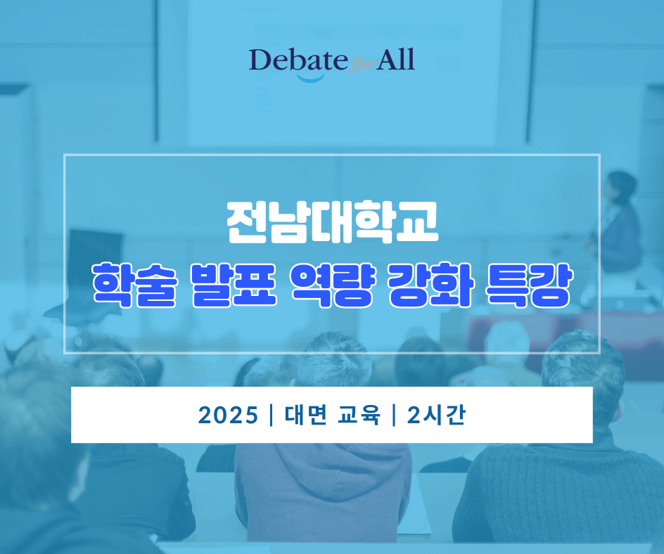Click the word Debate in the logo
tap(298, 60)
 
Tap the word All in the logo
tap(395, 59)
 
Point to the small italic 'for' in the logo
tap(362, 66)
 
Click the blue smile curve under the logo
tap(310, 78)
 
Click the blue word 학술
tap(134, 285)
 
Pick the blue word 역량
tap(333, 285)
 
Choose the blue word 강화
tap(431, 285)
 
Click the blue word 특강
tap(530, 285)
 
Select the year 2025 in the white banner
tap(228, 416)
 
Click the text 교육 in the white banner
tap(359, 415)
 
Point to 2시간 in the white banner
tap(436, 415)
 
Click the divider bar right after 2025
tap(271, 416)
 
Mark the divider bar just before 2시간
tap(393, 416)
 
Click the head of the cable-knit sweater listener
tap(582, 368)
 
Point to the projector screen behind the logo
tap(341, 72)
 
